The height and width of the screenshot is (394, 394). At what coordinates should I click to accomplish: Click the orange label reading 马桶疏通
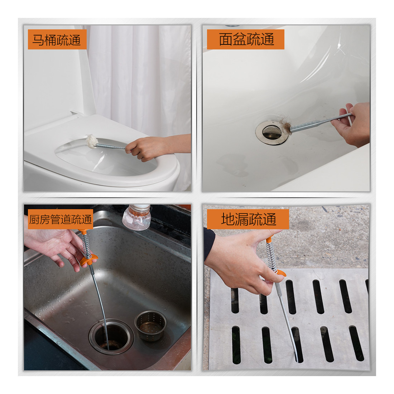[x=57, y=39]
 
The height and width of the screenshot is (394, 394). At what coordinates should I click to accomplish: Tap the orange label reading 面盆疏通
[x=245, y=39]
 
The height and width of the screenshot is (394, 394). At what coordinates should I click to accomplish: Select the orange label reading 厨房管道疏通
[x=60, y=219]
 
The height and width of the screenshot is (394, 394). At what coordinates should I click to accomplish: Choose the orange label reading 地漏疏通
[x=248, y=219]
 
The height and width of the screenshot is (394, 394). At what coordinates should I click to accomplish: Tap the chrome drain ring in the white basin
[x=272, y=133]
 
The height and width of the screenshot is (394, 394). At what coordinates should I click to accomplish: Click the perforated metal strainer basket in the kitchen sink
[x=151, y=325]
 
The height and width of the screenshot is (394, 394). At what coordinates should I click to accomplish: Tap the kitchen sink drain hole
[x=111, y=337]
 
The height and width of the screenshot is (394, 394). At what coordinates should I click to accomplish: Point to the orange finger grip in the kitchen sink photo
[x=88, y=260]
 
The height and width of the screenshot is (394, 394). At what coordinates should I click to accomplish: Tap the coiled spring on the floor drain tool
[x=271, y=256]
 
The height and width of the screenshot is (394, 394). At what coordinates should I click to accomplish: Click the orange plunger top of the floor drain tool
[x=269, y=240]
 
